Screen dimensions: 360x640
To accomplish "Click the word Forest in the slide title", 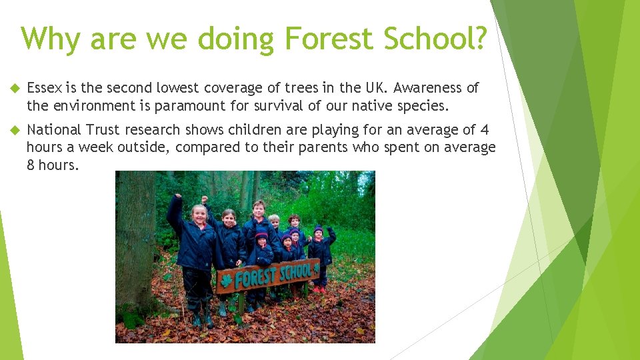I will (328, 39).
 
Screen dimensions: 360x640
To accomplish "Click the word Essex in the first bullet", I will (45, 88).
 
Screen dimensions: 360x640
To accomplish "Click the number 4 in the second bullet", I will (485, 130).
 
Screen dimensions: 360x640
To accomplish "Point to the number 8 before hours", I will (31, 165).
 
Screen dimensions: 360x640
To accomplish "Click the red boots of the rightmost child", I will (321, 290).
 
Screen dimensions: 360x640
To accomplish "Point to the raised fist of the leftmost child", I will (177, 197).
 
